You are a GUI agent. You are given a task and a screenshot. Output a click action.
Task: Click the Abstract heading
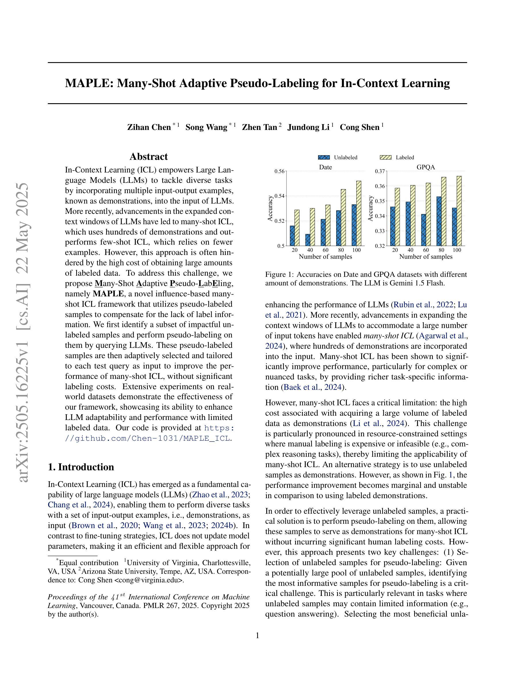tap(149, 156)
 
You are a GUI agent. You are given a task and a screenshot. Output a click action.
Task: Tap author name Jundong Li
tap(308, 127)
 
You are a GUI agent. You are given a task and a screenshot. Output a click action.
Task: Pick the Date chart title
tap(325, 167)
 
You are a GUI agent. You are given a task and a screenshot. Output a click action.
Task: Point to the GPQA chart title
tap(426, 167)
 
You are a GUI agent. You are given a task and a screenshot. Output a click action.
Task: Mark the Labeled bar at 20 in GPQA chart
tap(397, 217)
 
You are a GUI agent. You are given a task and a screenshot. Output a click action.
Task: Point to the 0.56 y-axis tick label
tap(279, 171)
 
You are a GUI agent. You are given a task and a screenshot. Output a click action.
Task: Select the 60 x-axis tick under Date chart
tap(326, 250)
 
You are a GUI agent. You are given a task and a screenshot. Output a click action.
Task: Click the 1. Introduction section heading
tap(81, 467)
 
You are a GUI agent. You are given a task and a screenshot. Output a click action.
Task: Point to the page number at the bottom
tap(257, 636)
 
